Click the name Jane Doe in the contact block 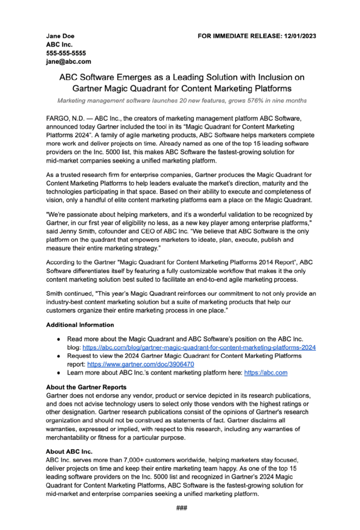60,36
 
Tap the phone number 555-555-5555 66,53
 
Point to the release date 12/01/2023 299,36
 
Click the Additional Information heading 80,325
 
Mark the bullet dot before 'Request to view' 59,356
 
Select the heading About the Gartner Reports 86,387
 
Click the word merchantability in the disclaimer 71,437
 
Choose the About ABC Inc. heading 69,451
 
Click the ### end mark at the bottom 181,508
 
